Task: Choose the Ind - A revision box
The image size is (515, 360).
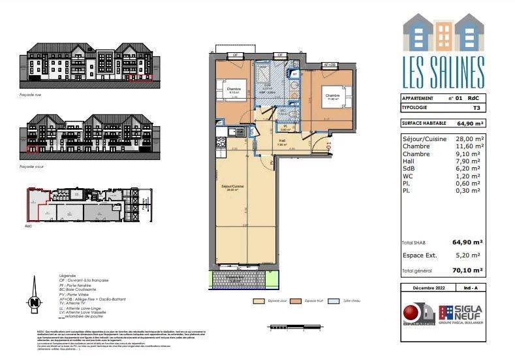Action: pos(472,288)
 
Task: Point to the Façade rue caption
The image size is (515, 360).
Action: pos(31,94)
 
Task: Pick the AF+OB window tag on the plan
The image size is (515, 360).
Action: pos(332,65)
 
